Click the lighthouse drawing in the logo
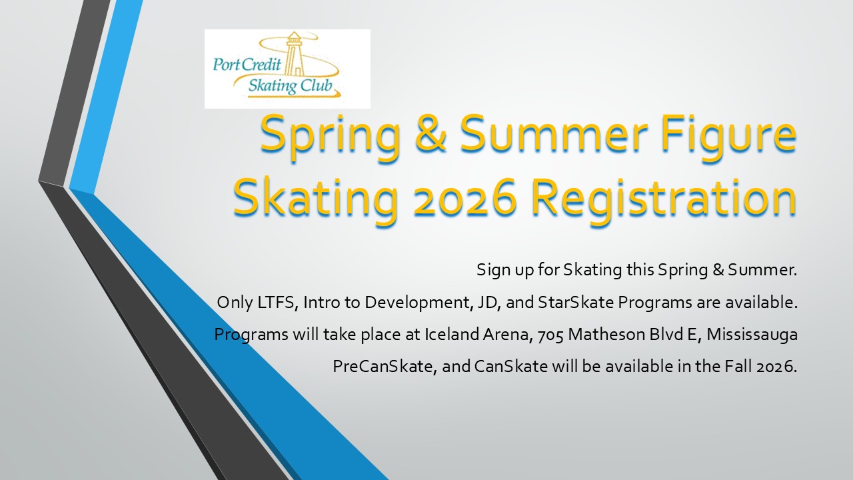pyautogui.click(x=294, y=54)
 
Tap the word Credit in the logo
pyautogui.click(x=262, y=64)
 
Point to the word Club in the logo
pyautogui.click(x=317, y=86)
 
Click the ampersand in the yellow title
pyautogui.click(x=430, y=133)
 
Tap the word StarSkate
pyautogui.click(x=576, y=302)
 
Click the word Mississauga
pyautogui.click(x=752, y=335)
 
